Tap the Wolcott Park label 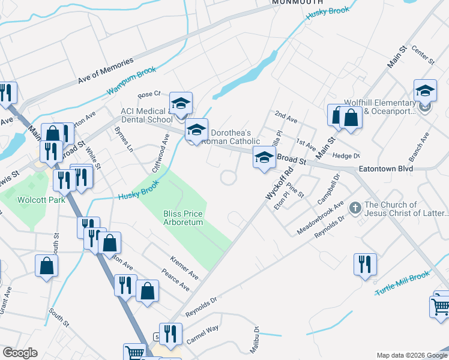coord(41,199)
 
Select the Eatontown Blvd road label coord(386,169)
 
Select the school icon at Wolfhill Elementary coord(425,91)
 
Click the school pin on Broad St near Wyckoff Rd coord(263,157)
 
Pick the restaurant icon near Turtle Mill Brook coord(365,264)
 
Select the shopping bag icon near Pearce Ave coord(147,291)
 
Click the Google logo coord(20,353)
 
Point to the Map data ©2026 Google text coord(411,355)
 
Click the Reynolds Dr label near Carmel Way coord(200,306)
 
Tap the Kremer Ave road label coord(184,269)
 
